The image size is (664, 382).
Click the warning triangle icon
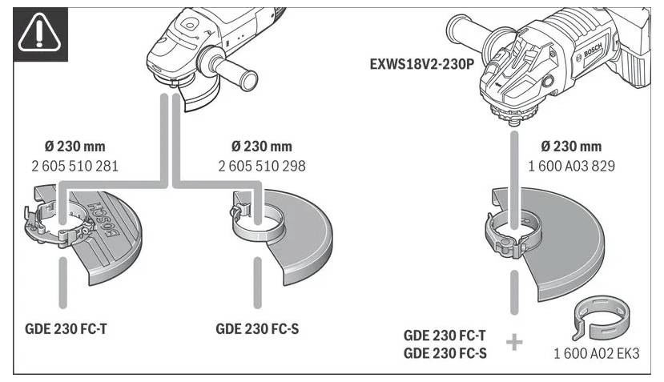(38, 33)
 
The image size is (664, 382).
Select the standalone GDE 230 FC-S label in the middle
(257, 329)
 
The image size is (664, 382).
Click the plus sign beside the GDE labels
(513, 343)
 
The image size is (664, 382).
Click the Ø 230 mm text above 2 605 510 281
(74, 147)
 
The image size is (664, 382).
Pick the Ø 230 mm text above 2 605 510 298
(261, 147)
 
